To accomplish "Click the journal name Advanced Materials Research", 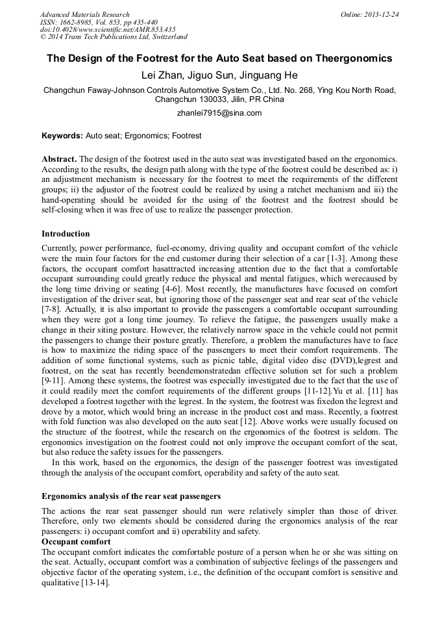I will point(84,14).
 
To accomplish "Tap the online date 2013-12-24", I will point(382,14).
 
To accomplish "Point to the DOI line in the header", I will point(108,29).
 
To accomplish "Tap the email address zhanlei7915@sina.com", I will point(219,112).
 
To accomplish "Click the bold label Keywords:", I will point(62,136).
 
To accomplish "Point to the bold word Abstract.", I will point(59,159).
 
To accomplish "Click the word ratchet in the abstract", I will point(297,190).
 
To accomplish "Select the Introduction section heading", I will point(66,234).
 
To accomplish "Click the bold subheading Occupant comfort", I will point(76,542).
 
